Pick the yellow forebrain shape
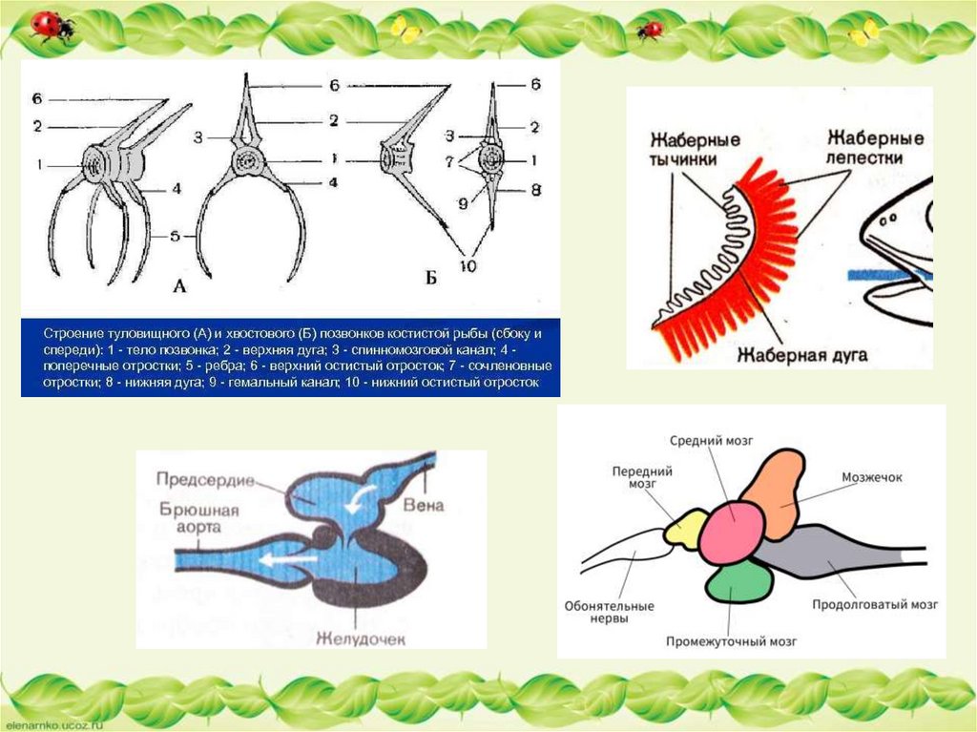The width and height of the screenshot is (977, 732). [x=684, y=528]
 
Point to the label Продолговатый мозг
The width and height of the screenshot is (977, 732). [x=875, y=605]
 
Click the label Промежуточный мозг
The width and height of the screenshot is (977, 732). [x=732, y=641]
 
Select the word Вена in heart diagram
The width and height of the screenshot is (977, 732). [x=421, y=503]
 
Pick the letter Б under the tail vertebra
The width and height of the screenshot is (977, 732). [x=430, y=280]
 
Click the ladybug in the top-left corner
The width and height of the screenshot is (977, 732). [x=51, y=26]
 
